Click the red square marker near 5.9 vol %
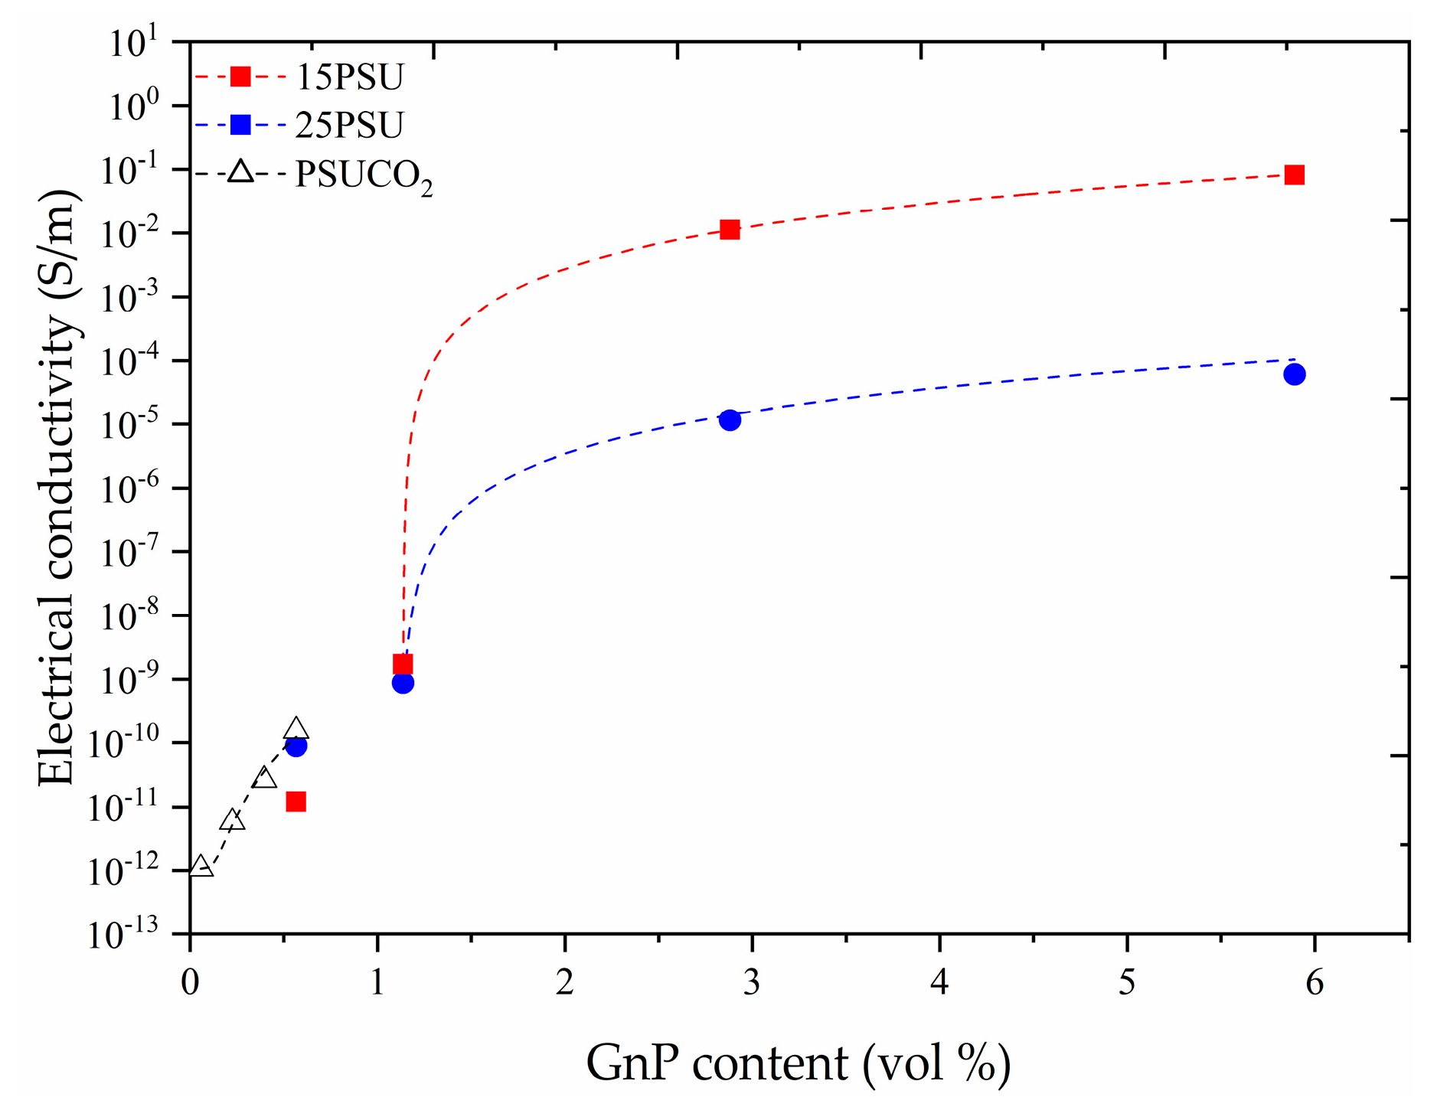click(x=1294, y=175)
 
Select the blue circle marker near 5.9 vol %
click(x=1294, y=374)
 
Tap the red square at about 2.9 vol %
click(x=730, y=229)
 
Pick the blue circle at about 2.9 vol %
click(x=730, y=420)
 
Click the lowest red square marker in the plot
click(x=296, y=802)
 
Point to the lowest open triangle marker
click(x=201, y=867)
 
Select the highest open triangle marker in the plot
click(x=296, y=729)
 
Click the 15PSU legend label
click(x=349, y=77)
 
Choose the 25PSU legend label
click(x=349, y=125)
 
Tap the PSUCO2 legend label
click(x=364, y=176)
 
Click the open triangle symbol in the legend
click(x=240, y=172)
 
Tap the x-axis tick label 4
click(x=939, y=982)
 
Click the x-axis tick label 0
click(x=190, y=982)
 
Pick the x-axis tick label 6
click(x=1315, y=982)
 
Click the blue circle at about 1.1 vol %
click(x=403, y=683)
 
